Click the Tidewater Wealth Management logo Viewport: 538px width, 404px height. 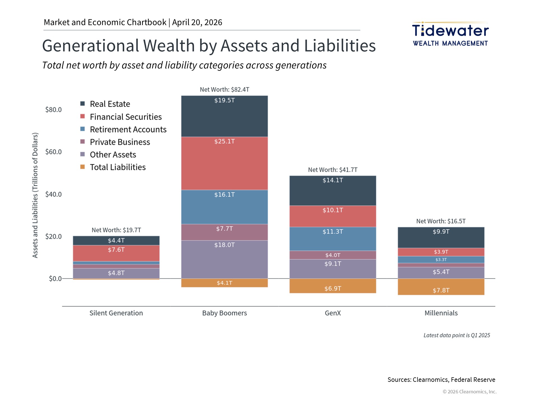[450, 34]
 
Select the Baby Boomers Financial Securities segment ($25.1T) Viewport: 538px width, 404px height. [224, 163]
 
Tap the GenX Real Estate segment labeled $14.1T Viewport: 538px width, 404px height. [333, 191]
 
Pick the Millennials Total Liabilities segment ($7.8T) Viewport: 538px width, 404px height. [441, 287]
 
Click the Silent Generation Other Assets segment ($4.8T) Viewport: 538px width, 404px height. [116, 273]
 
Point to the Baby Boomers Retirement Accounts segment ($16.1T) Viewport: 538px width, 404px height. [224, 207]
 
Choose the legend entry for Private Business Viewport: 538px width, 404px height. [120, 142]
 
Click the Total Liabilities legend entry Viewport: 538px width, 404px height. [117, 167]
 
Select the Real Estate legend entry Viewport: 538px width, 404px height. [110, 104]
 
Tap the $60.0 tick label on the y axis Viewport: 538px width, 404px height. [54, 152]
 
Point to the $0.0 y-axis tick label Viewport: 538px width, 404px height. [55, 279]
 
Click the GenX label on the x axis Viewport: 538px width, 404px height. [333, 313]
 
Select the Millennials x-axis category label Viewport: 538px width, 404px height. [441, 313]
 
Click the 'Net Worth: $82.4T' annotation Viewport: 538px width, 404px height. [224, 90]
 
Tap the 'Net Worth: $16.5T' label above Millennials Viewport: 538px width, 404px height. [441, 221]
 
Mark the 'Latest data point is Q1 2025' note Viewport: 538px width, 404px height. [456, 335]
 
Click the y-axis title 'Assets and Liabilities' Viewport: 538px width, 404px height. [35, 195]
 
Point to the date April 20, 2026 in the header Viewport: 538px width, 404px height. [197, 22]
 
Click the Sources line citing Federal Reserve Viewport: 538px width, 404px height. [441, 380]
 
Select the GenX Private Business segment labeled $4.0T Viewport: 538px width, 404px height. [333, 255]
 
